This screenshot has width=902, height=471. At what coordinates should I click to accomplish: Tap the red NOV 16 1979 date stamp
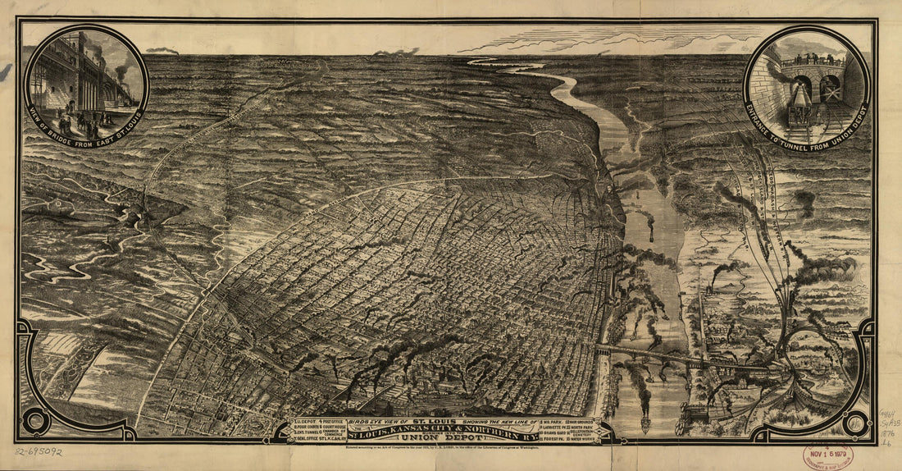(x=828, y=456)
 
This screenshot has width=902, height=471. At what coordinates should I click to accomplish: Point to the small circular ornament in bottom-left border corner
(x=35, y=422)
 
